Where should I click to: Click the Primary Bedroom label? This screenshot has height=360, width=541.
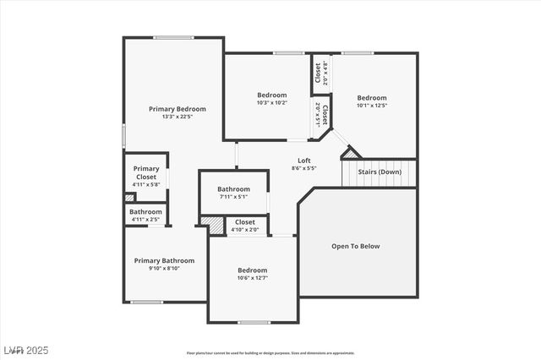(x=178, y=109)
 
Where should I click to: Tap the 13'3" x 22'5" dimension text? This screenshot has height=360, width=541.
(x=178, y=117)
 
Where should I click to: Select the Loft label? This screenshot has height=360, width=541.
(x=304, y=161)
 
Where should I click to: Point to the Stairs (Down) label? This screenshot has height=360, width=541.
(x=380, y=172)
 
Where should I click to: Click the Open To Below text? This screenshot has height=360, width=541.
(x=356, y=247)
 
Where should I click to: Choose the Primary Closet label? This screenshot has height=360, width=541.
(x=146, y=172)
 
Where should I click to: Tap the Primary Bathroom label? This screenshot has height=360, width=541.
(x=165, y=260)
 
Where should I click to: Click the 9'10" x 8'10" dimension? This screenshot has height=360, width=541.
(x=165, y=269)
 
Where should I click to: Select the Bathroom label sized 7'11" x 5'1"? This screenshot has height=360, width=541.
(x=233, y=189)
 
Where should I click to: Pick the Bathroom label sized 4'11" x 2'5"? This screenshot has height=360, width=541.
(x=145, y=211)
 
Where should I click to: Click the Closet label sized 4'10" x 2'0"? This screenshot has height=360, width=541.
(x=245, y=222)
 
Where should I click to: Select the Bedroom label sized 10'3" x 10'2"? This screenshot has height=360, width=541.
(x=272, y=95)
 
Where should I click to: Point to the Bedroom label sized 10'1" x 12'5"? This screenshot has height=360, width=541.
(x=371, y=98)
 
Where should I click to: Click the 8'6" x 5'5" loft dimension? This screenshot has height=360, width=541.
(x=304, y=168)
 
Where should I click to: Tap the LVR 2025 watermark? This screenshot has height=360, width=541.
(x=25, y=349)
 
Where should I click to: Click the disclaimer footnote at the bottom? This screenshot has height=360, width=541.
(x=270, y=353)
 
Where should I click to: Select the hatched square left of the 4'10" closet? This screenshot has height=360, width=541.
(x=212, y=226)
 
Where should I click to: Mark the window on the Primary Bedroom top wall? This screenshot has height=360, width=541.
(x=173, y=37)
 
